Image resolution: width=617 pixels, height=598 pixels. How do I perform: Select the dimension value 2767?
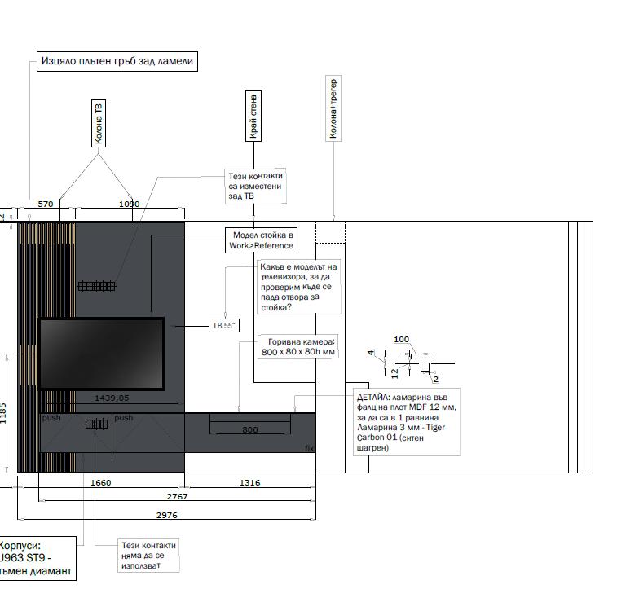click(x=177, y=496)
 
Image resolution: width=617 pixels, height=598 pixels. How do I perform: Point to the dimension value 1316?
click(x=249, y=482)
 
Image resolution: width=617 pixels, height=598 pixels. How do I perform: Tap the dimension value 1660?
click(x=100, y=482)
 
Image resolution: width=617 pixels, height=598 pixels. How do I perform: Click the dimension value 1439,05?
click(x=112, y=398)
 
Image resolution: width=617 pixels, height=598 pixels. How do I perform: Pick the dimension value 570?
click(x=46, y=204)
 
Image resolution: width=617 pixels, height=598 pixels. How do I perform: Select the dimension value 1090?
click(x=130, y=204)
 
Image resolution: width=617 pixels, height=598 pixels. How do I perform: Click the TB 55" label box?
click(x=224, y=325)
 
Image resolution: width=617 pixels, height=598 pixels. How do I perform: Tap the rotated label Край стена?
click(x=254, y=117)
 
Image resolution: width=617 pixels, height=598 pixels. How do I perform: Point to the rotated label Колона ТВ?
click(x=99, y=123)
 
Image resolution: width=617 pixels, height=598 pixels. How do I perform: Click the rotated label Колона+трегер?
click(x=333, y=108)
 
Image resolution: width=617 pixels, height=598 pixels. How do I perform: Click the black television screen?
click(x=101, y=354)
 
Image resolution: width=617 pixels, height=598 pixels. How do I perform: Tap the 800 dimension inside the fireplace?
click(x=249, y=429)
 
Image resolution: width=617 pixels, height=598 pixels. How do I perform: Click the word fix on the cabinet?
click(x=309, y=448)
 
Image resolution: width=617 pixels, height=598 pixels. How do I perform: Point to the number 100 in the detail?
click(x=401, y=339)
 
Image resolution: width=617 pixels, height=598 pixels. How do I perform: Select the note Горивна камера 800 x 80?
click(x=298, y=347)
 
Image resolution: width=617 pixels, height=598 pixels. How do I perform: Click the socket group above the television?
click(x=96, y=286)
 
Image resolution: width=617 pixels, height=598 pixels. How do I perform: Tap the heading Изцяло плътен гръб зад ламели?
click(x=118, y=61)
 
